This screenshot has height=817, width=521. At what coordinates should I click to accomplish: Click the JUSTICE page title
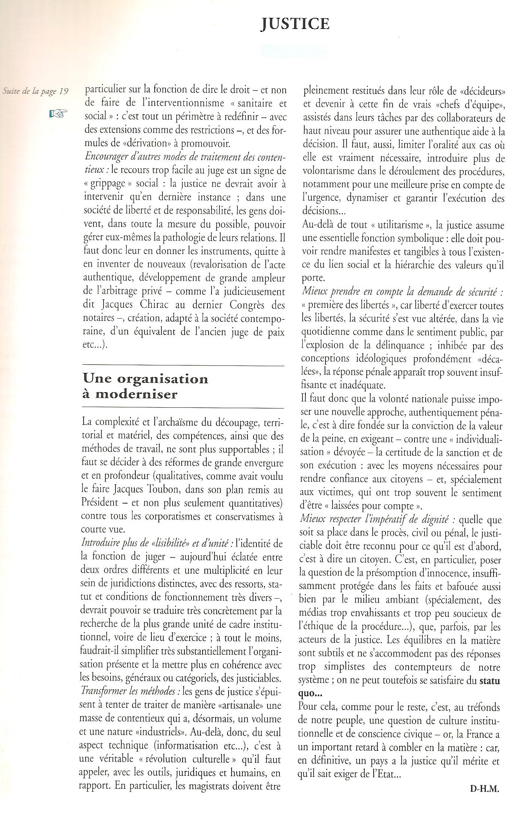click(295, 25)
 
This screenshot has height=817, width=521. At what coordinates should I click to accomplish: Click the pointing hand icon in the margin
click(58, 114)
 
